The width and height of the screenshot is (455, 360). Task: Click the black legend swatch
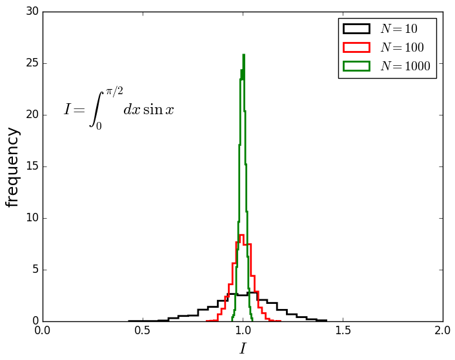pyautogui.click(x=356, y=29)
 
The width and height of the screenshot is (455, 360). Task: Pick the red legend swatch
pyautogui.click(x=356, y=47)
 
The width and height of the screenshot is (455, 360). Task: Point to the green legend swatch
pyautogui.click(x=356, y=65)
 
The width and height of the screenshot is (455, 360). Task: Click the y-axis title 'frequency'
pyautogui.click(x=13, y=167)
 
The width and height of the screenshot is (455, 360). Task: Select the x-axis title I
pyautogui.click(x=243, y=349)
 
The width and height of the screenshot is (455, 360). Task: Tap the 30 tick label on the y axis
pyautogui.click(x=32, y=12)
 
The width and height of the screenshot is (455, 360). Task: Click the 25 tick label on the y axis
pyautogui.click(x=32, y=63)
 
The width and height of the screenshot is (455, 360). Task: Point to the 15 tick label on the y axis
pyautogui.click(x=32, y=166)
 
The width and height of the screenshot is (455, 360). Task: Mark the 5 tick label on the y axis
pyautogui.click(x=35, y=270)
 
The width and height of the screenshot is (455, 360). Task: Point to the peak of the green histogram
pyautogui.click(x=243, y=55)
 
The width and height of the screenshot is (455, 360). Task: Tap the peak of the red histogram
pyautogui.click(x=241, y=235)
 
